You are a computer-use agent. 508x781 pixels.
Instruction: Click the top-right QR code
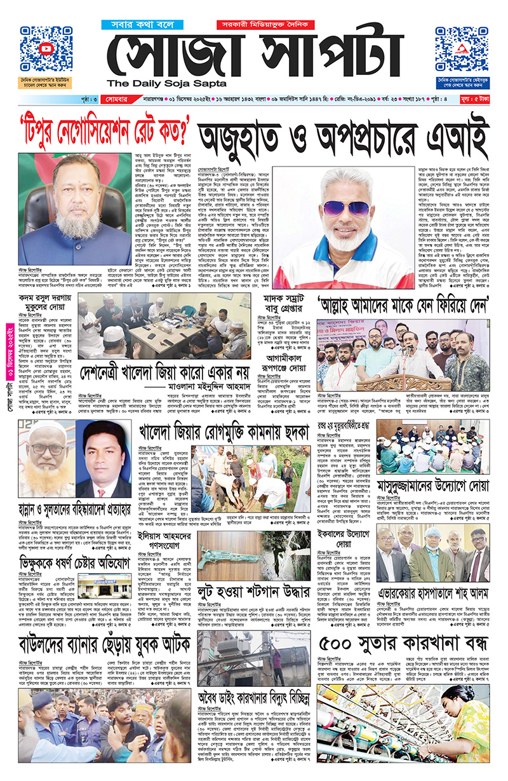pyautogui.click(x=460, y=50)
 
